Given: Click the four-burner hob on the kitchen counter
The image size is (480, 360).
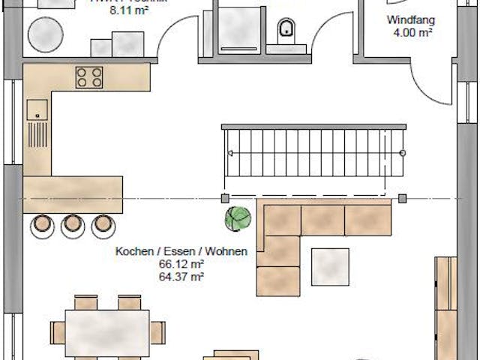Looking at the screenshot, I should (89, 76).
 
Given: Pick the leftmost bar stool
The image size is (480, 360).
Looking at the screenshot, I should (42, 223).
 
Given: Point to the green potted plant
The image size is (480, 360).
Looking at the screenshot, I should (238, 218).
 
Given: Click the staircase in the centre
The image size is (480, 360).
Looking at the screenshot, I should (315, 152).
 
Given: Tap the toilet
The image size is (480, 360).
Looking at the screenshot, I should (286, 29).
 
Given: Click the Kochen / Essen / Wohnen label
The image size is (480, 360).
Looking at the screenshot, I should (181, 253).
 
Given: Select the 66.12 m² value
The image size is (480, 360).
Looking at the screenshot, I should (181, 265).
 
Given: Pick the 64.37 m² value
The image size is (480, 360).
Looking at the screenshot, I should (181, 277).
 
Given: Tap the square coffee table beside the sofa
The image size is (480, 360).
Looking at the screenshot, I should (330, 266).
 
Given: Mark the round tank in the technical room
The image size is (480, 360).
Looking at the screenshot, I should (46, 32).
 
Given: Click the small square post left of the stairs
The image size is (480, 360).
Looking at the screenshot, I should (224, 199).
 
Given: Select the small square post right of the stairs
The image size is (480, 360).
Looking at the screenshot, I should (403, 199).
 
